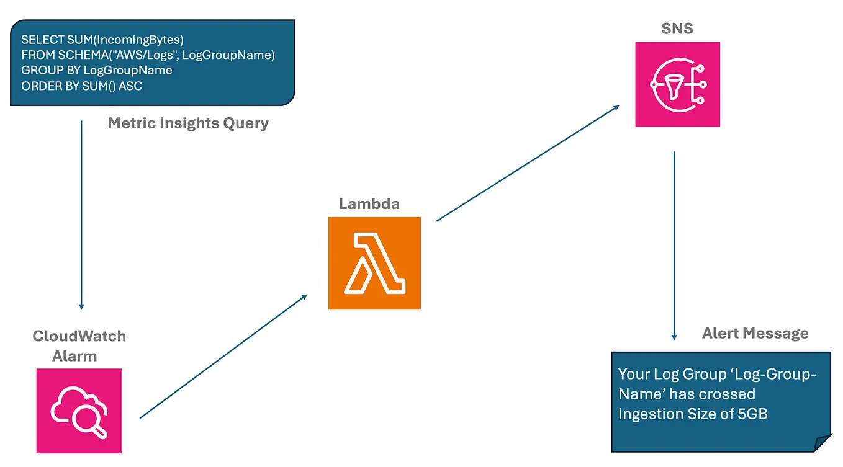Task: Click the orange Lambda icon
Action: [374, 263]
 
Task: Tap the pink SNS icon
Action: [677, 84]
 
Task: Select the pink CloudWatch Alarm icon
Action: [79, 411]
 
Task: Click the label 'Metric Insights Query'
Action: [188, 123]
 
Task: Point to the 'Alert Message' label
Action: [755, 333]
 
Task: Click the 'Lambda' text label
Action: [369, 203]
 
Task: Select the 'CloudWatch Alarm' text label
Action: [79, 346]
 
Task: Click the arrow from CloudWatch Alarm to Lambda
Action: [223, 356]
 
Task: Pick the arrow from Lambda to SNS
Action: [528, 162]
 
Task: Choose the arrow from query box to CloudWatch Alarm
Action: [81, 214]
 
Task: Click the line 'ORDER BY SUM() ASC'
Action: [81, 86]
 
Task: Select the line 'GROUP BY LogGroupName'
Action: [96, 70]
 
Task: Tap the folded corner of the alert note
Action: [822, 443]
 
